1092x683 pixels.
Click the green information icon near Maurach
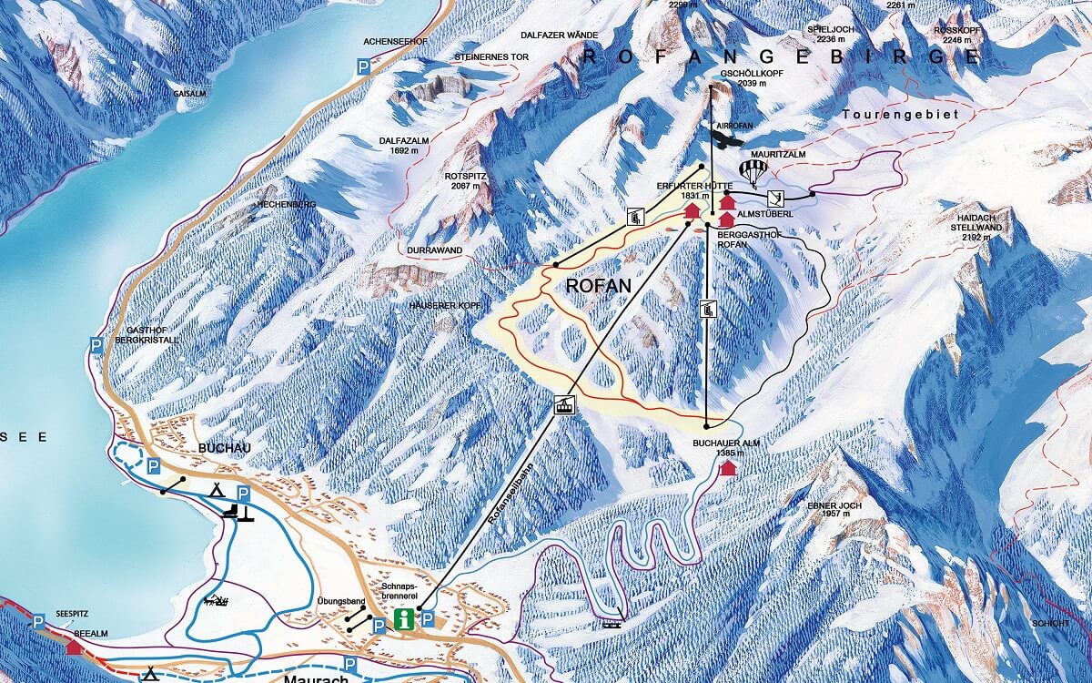(404, 621)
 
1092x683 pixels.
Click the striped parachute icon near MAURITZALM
(753, 171)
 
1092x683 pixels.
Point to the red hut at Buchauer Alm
(727, 468)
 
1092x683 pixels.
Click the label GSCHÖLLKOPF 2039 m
(738, 77)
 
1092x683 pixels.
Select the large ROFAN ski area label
(598, 285)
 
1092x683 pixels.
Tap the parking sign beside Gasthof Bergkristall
(96, 343)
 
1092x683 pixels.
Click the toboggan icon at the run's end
(612, 623)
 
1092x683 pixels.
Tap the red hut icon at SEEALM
(72, 645)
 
